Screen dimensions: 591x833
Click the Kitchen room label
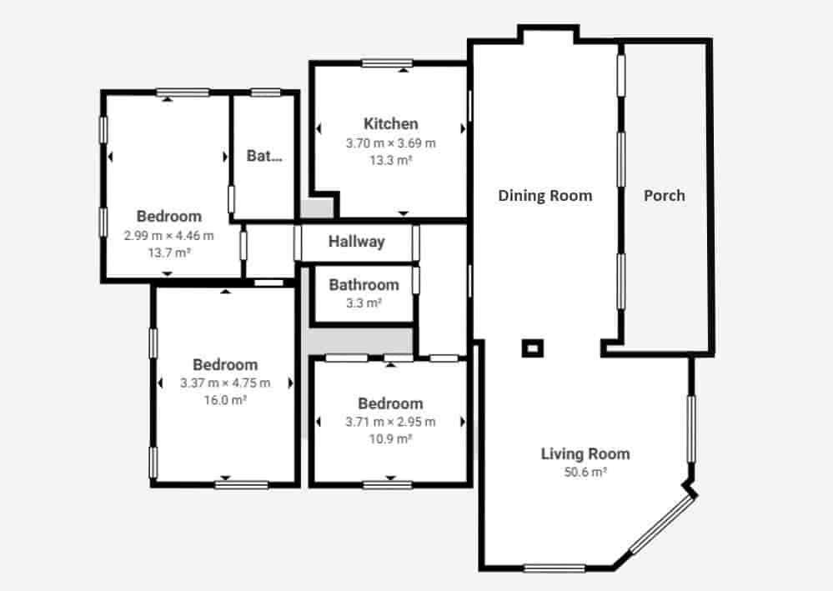click(x=390, y=124)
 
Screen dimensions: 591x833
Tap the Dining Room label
click(x=545, y=196)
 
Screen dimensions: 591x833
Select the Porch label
click(x=665, y=196)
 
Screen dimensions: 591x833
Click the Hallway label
click(x=356, y=242)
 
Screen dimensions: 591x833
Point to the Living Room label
click(x=585, y=454)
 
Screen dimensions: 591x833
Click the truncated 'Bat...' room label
click(x=264, y=156)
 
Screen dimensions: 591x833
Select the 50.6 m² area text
click(x=585, y=472)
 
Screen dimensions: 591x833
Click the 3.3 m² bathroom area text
click(x=364, y=303)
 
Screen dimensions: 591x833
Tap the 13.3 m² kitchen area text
click(x=390, y=160)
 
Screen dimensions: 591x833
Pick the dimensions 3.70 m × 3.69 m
click(x=390, y=143)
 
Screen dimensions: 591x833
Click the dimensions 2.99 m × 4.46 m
click(x=168, y=235)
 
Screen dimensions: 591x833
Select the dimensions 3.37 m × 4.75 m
click(x=225, y=383)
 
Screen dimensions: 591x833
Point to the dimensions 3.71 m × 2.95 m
click(x=391, y=422)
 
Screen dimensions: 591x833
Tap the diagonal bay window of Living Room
click(x=662, y=525)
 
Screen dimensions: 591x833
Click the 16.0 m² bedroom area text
click(x=225, y=400)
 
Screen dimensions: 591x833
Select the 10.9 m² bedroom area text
click(x=391, y=438)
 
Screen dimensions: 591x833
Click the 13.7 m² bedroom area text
click(x=168, y=252)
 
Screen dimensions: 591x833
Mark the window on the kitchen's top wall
click(x=387, y=63)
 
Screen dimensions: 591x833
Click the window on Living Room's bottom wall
click(x=554, y=568)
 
